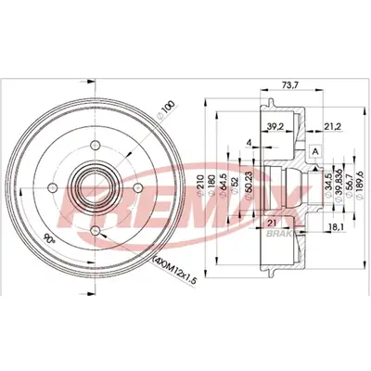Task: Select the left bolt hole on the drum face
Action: click(x=58, y=188)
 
